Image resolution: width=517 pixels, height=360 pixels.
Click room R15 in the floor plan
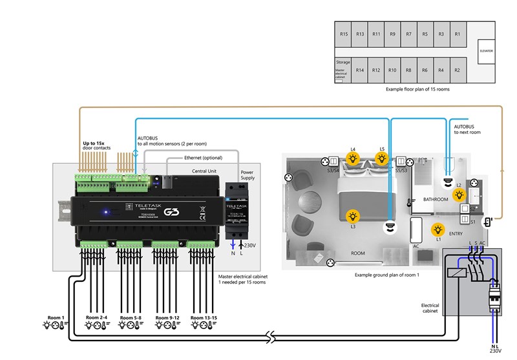(x=344, y=34)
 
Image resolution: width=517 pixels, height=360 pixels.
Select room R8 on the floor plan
(x=408, y=69)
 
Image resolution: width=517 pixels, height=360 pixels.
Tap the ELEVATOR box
(x=485, y=50)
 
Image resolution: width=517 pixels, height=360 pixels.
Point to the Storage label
(x=343, y=63)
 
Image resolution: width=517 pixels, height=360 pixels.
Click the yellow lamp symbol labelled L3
(x=353, y=216)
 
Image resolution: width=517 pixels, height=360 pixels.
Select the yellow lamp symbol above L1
(x=438, y=228)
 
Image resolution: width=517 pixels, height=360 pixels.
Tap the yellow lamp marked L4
(x=353, y=158)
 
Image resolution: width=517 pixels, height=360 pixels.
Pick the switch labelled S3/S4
(x=335, y=162)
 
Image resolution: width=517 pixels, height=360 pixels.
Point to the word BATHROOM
(x=436, y=199)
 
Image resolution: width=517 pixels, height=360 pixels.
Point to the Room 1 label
(x=56, y=317)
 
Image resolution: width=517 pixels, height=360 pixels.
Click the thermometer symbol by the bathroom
(x=410, y=202)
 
